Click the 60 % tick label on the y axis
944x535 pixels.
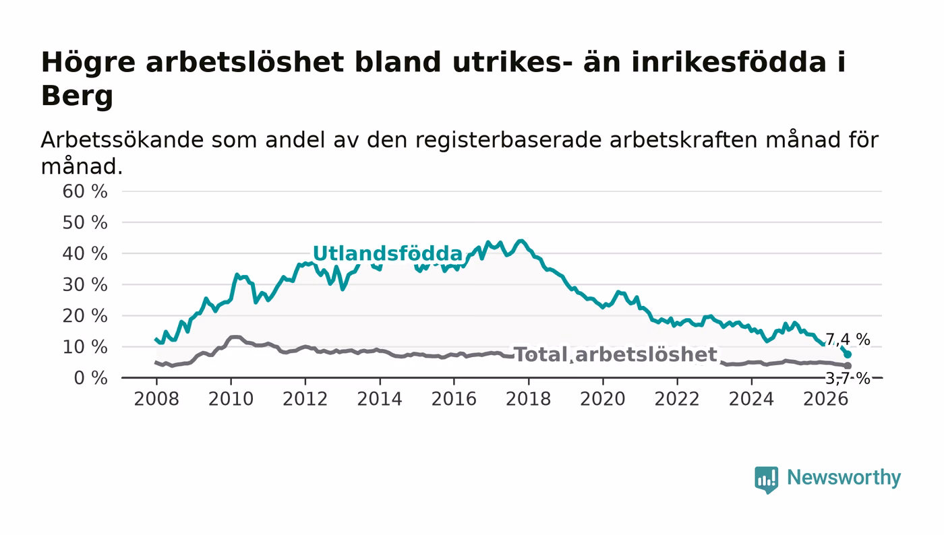85,191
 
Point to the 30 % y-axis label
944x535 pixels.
85,285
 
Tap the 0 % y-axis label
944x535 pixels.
90,378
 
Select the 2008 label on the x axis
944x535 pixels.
156,400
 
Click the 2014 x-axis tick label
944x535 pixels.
380,400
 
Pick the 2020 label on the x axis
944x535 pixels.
603,400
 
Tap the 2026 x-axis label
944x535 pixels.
825,400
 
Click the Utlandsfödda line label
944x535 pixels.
388,253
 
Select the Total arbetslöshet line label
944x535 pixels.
616,354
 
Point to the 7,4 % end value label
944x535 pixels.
848,339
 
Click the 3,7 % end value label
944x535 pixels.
848,379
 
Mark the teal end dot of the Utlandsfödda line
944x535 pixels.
848,354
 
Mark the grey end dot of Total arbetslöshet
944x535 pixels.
848,366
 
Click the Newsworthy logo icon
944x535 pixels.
767,479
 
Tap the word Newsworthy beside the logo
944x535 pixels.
844,478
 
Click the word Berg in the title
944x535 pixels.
77,96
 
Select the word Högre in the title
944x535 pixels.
88,63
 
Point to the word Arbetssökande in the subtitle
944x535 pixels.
122,140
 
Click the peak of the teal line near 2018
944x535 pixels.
521,241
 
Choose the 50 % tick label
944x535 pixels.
85,223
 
